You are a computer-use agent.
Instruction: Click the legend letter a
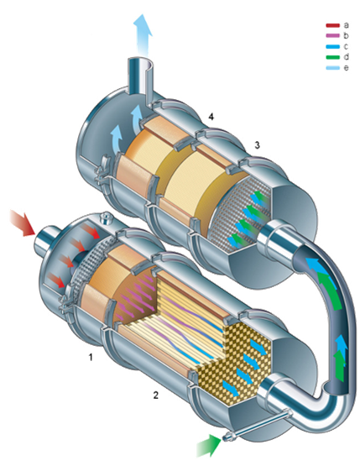coord(346,25)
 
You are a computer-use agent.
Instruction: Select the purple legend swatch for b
coord(332,35)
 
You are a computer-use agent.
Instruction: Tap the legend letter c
coord(346,46)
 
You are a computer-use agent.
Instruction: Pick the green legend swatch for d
coord(332,57)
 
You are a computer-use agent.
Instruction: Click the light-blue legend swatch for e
coord(332,68)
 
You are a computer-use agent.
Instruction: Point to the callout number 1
coord(91,357)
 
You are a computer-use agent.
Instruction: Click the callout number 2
coord(155,395)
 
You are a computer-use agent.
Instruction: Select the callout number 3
coord(258,145)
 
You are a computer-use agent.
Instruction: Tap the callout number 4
coord(211,117)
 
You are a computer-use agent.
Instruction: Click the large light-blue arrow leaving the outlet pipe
coord(143,34)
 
